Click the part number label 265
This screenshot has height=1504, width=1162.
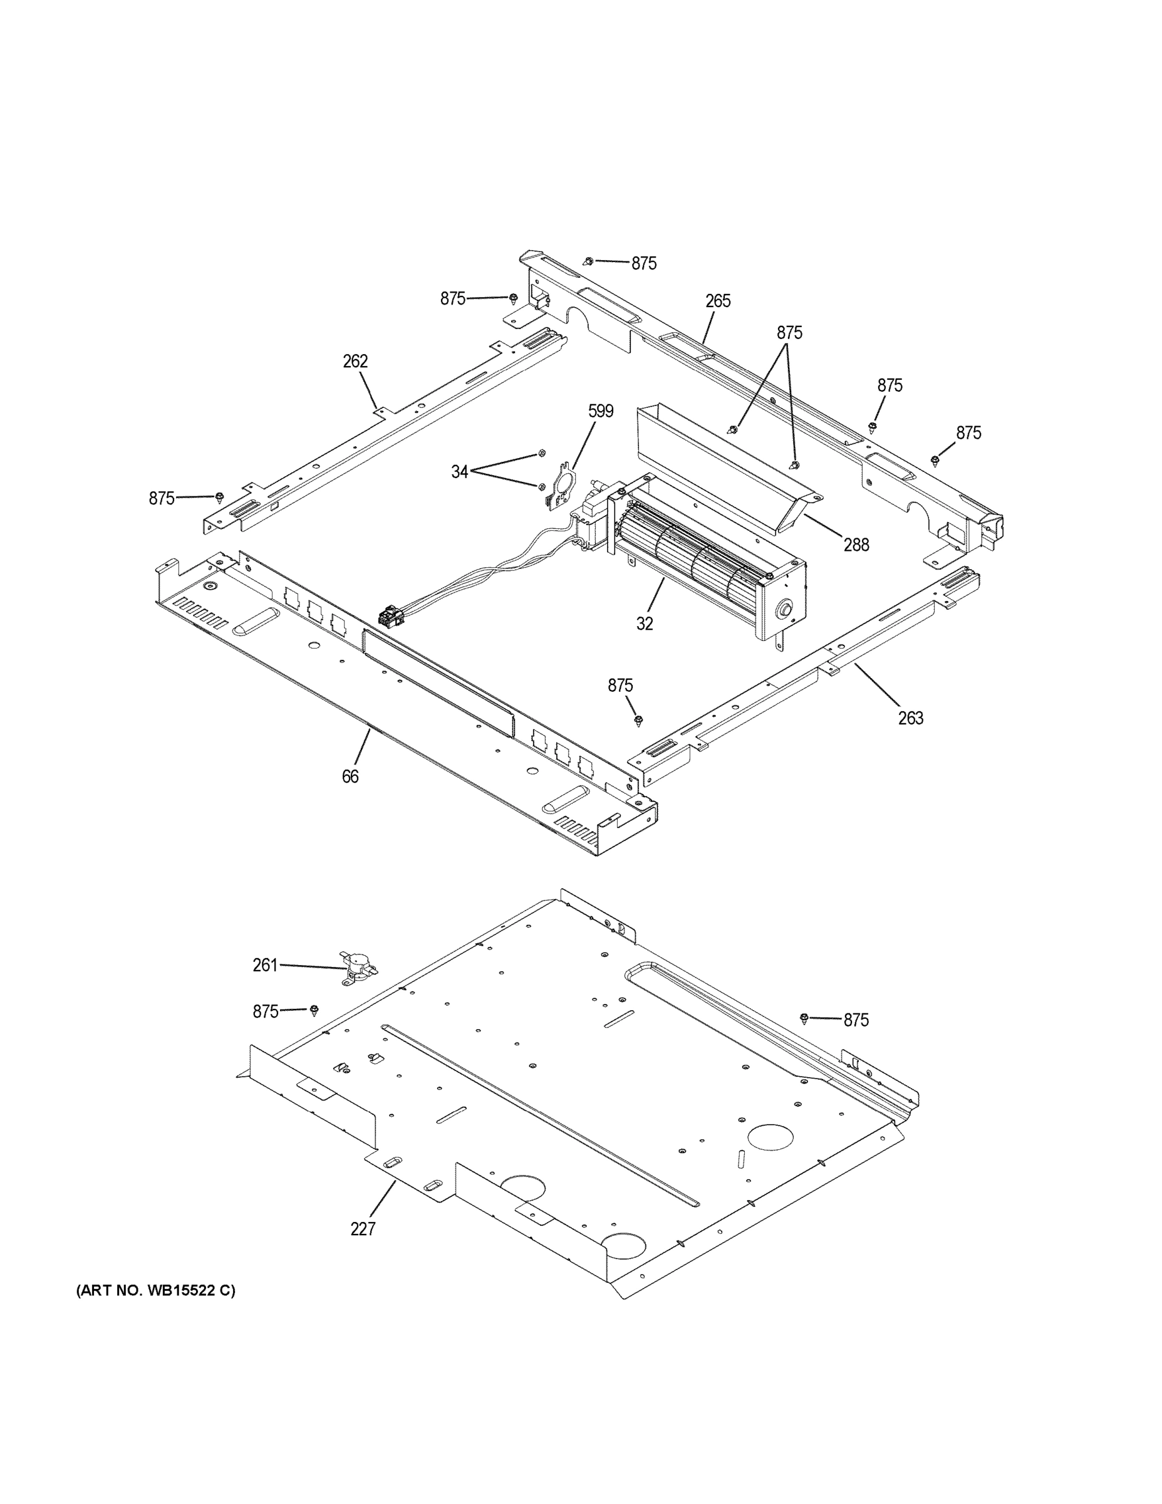717,301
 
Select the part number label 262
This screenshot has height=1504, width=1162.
355,361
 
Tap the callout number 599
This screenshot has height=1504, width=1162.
600,411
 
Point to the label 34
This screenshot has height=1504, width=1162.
459,472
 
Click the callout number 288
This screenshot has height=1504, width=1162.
856,545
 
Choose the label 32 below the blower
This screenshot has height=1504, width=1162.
645,624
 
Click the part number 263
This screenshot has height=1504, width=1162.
910,718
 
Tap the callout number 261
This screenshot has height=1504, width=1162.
265,966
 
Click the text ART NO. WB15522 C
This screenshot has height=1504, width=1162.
155,1290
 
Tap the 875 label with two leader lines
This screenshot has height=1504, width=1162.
789,333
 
